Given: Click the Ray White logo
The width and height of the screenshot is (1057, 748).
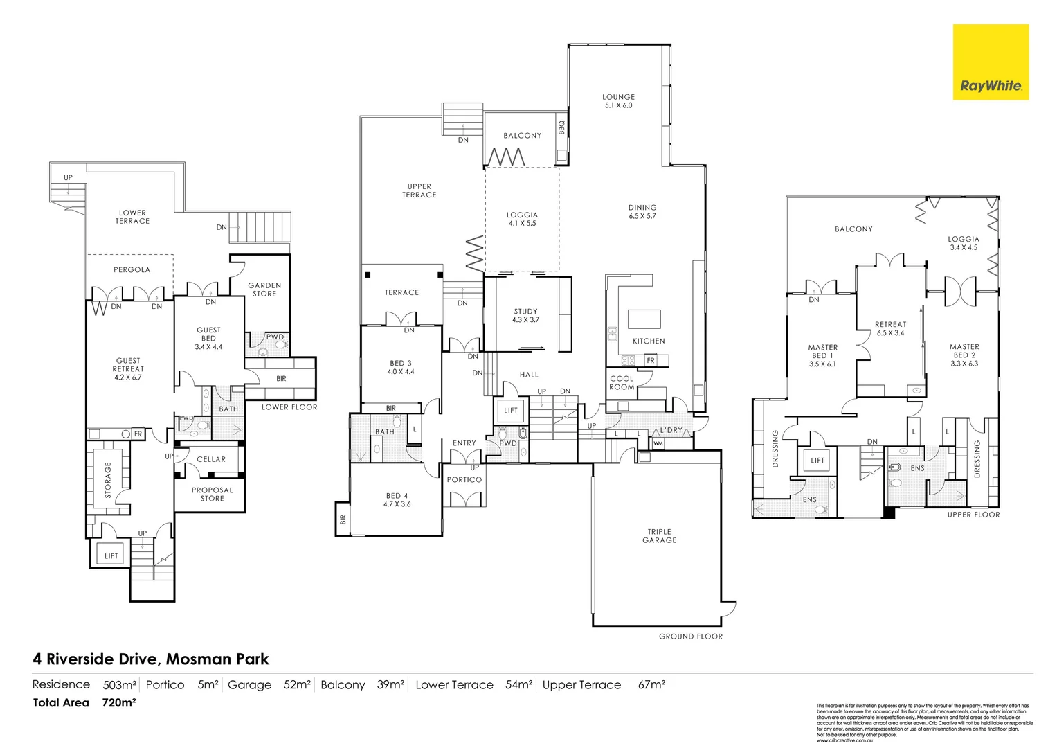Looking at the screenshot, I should [x=991, y=62].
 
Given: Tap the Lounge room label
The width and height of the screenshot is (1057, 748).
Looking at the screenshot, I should [x=618, y=97].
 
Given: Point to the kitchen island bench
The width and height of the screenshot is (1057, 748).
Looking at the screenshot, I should [x=644, y=319].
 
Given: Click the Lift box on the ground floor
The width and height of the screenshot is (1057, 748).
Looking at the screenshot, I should [x=511, y=411].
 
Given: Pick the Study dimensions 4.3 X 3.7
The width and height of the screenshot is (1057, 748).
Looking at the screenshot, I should [x=525, y=320].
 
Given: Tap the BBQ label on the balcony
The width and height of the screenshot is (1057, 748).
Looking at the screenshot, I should [x=561, y=128].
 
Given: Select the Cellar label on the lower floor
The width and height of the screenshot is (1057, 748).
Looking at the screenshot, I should [x=211, y=459].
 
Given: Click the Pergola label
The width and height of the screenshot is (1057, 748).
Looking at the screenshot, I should [x=132, y=270].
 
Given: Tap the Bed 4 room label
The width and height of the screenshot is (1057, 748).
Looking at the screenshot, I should [x=397, y=496].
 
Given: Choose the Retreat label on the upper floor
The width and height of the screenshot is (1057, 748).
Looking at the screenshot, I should [x=890, y=324].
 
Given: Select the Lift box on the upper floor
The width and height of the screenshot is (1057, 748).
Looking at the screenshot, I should [x=817, y=461].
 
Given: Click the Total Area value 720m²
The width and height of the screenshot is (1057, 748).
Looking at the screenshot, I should [x=118, y=703].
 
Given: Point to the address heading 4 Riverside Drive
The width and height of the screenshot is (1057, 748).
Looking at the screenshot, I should [x=151, y=659].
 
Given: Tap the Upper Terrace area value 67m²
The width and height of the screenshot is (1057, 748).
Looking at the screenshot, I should [x=651, y=685].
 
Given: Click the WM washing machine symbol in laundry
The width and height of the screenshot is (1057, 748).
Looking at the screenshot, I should [x=658, y=443].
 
